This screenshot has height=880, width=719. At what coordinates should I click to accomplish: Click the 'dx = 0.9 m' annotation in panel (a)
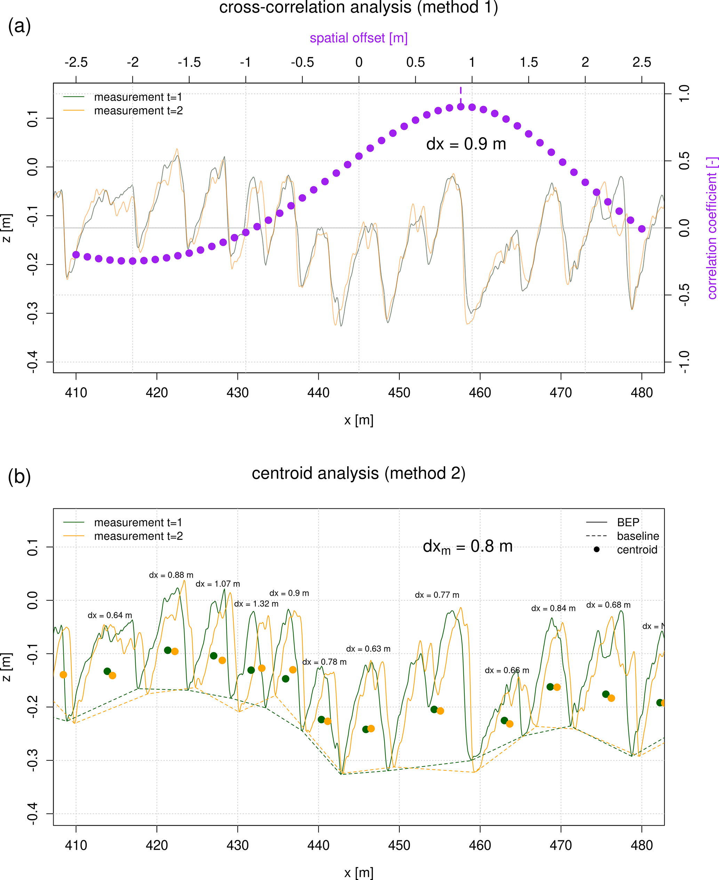coord(466,144)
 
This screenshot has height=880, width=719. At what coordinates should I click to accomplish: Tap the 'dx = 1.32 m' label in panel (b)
coord(256,604)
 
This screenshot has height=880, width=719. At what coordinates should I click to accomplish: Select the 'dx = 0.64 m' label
coord(110,615)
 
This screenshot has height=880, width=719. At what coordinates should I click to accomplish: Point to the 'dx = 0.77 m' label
coord(437,595)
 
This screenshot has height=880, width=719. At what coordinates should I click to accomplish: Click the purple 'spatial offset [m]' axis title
coord(359,38)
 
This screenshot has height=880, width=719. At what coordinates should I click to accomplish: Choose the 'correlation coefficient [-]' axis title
coord(712,228)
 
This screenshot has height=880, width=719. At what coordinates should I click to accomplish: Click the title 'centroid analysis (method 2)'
coord(359,473)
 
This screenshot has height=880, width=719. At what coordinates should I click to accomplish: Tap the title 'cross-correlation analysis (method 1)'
coord(359,7)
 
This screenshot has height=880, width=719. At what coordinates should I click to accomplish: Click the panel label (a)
coord(19,26)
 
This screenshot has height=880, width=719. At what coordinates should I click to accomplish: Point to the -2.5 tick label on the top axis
coord(76,63)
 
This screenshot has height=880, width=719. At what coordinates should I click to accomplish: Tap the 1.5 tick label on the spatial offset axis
coord(528,63)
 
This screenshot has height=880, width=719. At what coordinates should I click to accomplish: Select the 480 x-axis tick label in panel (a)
coord(641,393)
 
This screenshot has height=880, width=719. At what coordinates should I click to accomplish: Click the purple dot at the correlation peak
coord(461,107)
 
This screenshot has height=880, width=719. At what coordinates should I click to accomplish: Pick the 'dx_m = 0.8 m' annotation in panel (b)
coord(468,547)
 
